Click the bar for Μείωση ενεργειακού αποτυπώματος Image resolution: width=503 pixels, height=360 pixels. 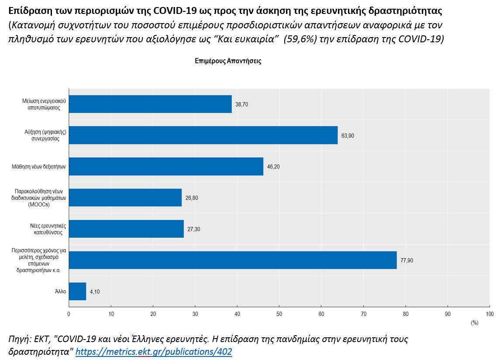click(x=150, y=104)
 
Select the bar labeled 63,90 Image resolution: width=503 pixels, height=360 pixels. click(x=203, y=135)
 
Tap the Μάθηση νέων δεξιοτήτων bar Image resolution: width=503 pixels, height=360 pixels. click(x=166, y=166)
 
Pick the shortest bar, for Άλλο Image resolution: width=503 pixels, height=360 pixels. click(x=77, y=291)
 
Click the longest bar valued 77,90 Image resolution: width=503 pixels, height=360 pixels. click(x=233, y=260)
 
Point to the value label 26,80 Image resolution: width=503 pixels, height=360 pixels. click(x=192, y=198)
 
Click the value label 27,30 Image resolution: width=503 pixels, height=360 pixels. click(x=194, y=229)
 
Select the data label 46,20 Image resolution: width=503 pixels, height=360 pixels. click(x=273, y=167)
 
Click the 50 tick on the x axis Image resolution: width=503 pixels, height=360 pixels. click(x=279, y=314)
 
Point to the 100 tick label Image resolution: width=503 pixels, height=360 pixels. click(x=489, y=314)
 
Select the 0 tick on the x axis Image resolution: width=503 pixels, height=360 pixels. click(x=69, y=314)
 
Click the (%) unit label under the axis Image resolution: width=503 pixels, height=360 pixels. click(x=474, y=323)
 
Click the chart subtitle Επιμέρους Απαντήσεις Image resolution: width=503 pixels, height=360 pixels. click(x=228, y=61)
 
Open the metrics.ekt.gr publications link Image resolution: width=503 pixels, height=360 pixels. click(x=154, y=351)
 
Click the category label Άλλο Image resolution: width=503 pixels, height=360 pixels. click(x=61, y=292)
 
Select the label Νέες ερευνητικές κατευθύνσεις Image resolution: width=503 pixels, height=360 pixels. click(x=45, y=229)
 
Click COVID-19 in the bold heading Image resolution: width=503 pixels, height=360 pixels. click(x=174, y=9)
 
